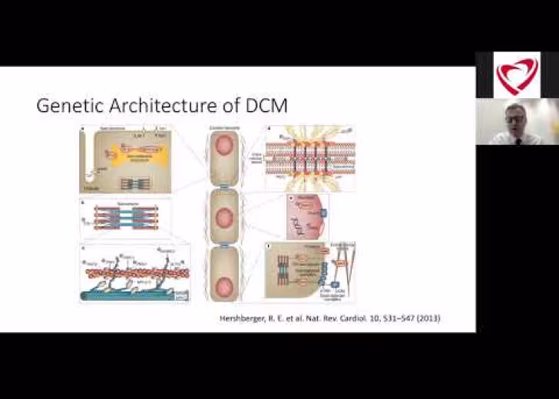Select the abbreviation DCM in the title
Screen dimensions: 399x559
(x=266, y=106)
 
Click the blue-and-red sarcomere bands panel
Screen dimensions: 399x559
(x=127, y=219)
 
